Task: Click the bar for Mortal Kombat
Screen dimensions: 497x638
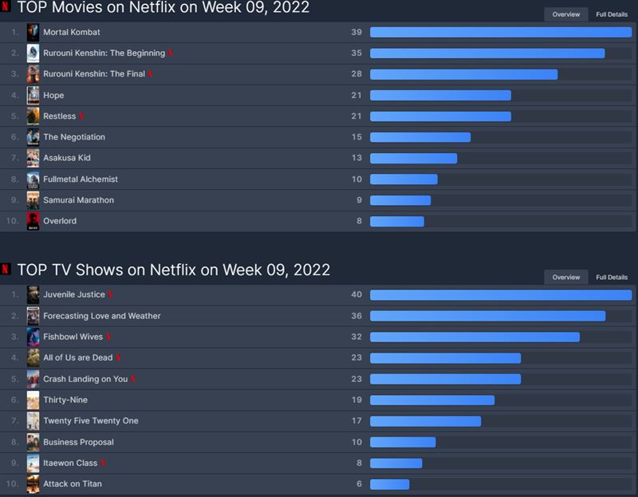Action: tap(500, 33)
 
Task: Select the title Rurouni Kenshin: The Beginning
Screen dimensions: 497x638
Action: tap(104, 53)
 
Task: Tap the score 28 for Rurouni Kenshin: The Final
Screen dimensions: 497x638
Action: tap(356, 74)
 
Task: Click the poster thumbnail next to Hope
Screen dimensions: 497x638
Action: tap(33, 96)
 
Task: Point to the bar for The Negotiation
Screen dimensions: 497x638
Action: tap(420, 137)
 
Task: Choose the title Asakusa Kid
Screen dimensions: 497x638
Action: tap(67, 158)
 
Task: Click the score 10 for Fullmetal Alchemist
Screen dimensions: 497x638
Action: tap(356, 179)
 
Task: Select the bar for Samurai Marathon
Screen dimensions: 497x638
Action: tap(400, 200)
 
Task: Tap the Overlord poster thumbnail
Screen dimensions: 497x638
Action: tap(33, 221)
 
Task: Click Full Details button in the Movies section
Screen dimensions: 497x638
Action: tap(612, 14)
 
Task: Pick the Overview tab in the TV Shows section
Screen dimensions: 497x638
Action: tap(566, 277)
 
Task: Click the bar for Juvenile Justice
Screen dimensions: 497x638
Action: tap(500, 295)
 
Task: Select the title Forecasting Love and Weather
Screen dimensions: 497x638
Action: tap(101, 316)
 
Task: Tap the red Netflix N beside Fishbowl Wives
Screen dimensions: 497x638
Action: tap(108, 337)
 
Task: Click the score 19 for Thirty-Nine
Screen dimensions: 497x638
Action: tap(356, 400)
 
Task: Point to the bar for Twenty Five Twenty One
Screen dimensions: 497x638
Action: tap(425, 420)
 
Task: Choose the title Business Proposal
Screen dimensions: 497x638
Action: tap(78, 442)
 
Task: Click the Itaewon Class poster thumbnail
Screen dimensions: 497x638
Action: tap(33, 463)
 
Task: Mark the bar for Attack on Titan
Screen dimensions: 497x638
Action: tap(389, 483)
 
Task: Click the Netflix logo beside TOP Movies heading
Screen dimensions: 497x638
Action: tap(6, 8)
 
